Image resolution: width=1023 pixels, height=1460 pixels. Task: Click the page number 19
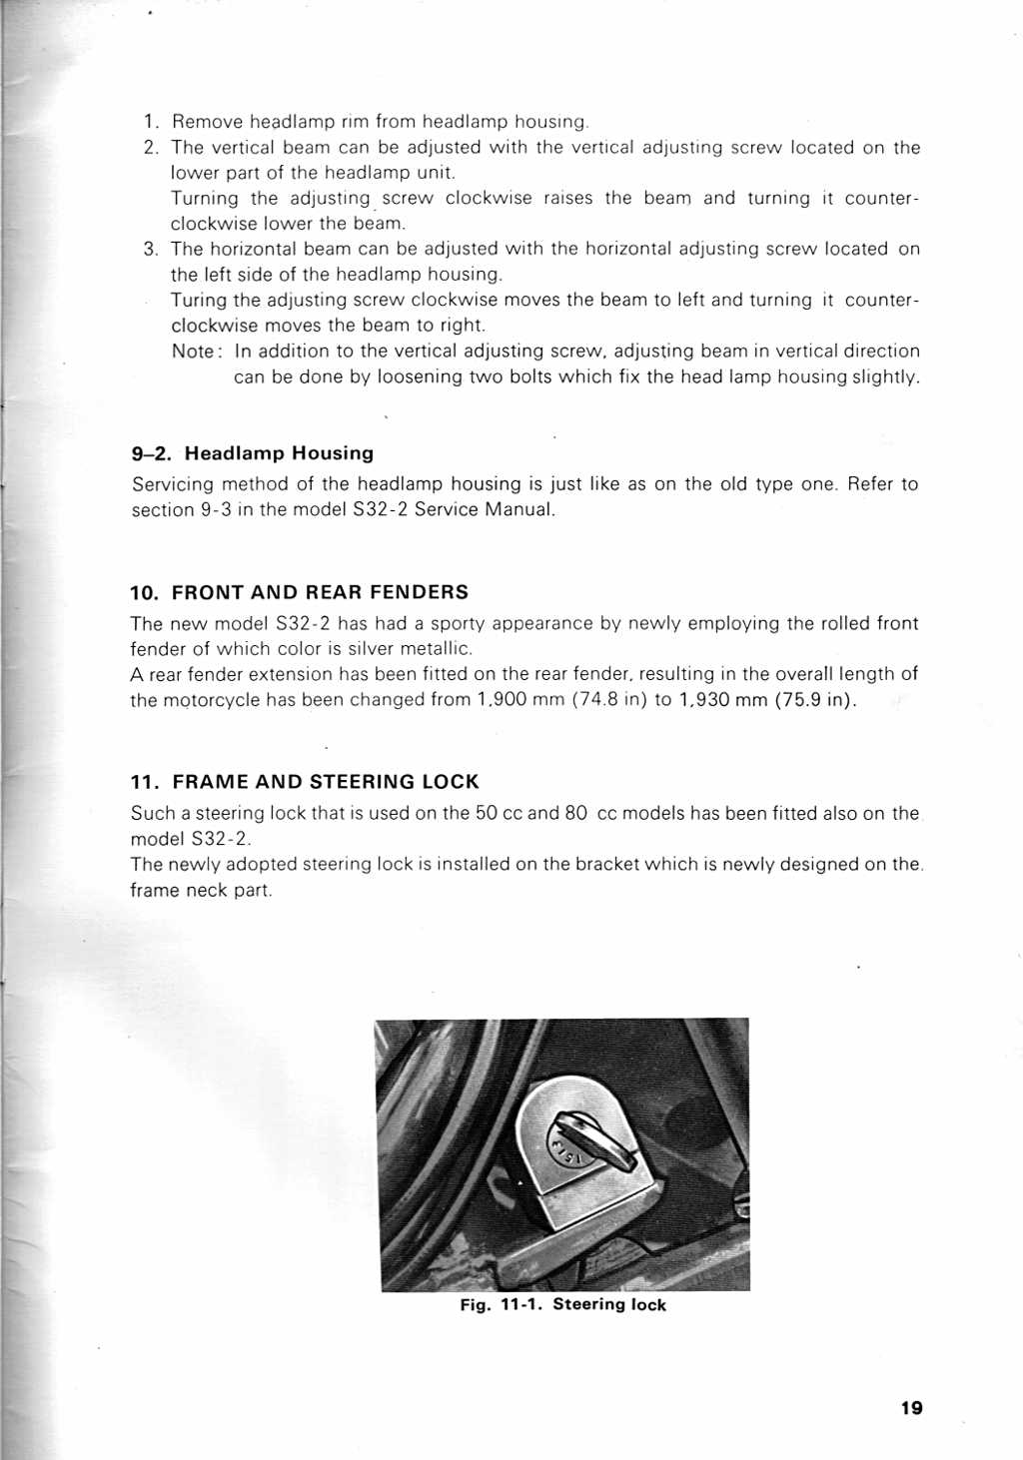click(x=911, y=1408)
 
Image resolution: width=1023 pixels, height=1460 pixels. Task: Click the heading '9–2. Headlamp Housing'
click(x=253, y=453)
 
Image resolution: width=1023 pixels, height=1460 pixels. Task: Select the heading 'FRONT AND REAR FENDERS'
click(x=320, y=592)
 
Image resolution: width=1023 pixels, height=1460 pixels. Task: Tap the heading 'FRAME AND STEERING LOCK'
click(x=326, y=782)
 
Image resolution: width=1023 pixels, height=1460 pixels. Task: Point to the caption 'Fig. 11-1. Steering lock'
click(x=562, y=1304)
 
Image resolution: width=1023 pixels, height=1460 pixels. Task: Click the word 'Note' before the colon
click(x=193, y=352)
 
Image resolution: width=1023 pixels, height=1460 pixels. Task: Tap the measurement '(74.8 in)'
click(x=609, y=700)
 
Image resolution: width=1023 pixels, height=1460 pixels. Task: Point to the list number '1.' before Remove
click(x=152, y=122)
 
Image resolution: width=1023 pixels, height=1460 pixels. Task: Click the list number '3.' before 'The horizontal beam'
click(x=151, y=249)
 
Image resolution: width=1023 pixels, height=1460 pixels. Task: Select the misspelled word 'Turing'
click(x=198, y=301)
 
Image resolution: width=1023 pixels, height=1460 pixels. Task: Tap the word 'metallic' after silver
click(x=440, y=649)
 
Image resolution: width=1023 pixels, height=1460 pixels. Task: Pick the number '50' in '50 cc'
click(x=487, y=813)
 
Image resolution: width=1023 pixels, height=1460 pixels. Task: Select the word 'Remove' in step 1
click(x=207, y=122)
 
